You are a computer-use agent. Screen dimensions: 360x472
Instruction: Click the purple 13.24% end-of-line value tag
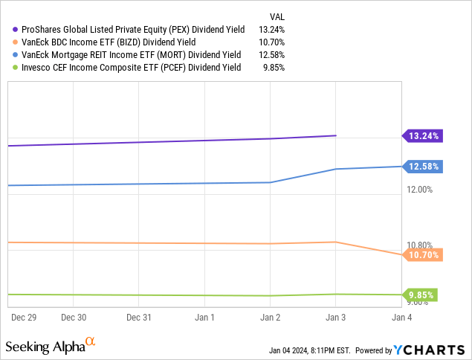coord(424,135)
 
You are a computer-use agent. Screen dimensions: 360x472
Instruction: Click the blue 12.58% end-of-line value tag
coord(424,167)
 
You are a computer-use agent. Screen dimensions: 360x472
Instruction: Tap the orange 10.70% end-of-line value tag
coord(424,255)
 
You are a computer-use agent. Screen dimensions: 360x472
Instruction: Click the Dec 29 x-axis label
coord(26,317)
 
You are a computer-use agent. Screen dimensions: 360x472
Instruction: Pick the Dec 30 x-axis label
coord(74,317)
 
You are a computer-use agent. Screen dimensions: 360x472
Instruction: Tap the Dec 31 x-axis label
coord(139,317)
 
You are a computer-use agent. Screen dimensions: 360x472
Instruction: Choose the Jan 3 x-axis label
coord(335,317)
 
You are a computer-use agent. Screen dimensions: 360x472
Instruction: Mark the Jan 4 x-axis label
coord(401,317)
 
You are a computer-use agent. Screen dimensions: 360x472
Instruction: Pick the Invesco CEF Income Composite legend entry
coord(126,67)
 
